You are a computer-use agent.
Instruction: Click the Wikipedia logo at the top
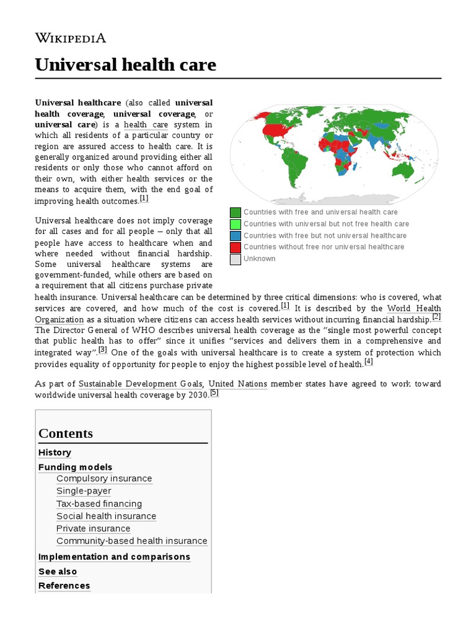[70, 38]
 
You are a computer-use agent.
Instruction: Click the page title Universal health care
[125, 64]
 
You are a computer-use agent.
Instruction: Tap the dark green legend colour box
[236, 212]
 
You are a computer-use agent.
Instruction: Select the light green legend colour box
[236, 224]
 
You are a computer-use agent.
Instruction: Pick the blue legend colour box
[236, 236]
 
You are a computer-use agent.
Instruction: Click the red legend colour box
[236, 247]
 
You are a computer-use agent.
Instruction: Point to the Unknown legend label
[259, 259]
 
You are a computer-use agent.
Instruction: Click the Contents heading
[66, 433]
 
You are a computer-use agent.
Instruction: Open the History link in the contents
[55, 453]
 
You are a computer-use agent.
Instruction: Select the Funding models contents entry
[75, 467]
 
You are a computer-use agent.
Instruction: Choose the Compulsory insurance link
[104, 479]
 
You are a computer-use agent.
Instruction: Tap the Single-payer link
[84, 491]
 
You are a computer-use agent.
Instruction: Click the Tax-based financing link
[99, 504]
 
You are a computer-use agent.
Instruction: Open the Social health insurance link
[106, 516]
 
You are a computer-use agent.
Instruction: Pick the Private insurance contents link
[93, 529]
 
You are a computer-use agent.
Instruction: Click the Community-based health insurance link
[131, 541]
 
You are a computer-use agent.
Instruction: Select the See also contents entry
[58, 571]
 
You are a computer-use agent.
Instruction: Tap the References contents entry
[64, 586]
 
